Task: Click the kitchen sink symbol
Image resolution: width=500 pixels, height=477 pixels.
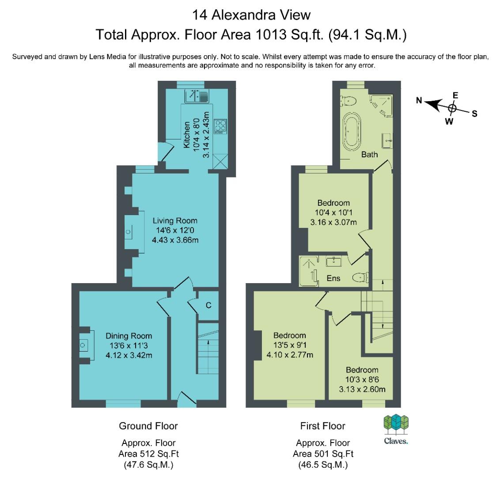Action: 197,96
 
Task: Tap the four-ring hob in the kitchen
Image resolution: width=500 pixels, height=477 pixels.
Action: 220,126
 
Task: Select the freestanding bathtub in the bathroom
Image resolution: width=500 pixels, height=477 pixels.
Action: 352,131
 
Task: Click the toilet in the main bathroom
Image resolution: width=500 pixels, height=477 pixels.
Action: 348,101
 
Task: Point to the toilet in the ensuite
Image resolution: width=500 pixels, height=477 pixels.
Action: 361,277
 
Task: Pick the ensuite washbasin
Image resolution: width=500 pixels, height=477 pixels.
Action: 334,262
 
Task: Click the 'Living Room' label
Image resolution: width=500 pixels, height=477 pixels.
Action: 175,220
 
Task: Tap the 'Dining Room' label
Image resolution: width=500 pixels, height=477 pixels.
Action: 129,336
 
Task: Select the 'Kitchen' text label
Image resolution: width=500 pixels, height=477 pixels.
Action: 186,135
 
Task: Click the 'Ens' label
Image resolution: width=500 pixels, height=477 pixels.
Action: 333,278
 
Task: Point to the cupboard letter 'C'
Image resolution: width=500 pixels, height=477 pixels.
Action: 208,305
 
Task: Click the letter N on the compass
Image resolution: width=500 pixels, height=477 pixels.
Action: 419,100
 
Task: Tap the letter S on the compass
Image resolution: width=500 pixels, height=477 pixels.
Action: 474,114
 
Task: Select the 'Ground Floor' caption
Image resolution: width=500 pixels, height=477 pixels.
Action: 148,426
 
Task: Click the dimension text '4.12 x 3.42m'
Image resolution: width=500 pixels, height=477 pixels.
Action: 129,355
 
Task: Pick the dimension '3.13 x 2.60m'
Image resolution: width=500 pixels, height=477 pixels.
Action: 362,389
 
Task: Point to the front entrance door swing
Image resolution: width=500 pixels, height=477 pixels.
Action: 186,400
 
